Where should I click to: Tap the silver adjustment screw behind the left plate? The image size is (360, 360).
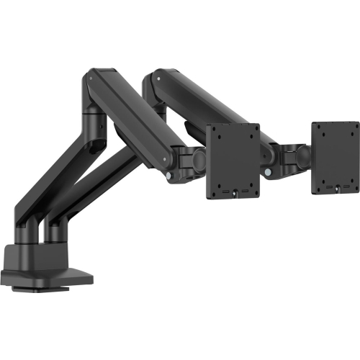pos(168,175)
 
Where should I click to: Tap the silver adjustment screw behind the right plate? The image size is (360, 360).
pos(268,174)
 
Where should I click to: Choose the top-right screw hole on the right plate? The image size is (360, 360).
pos(350,129)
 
